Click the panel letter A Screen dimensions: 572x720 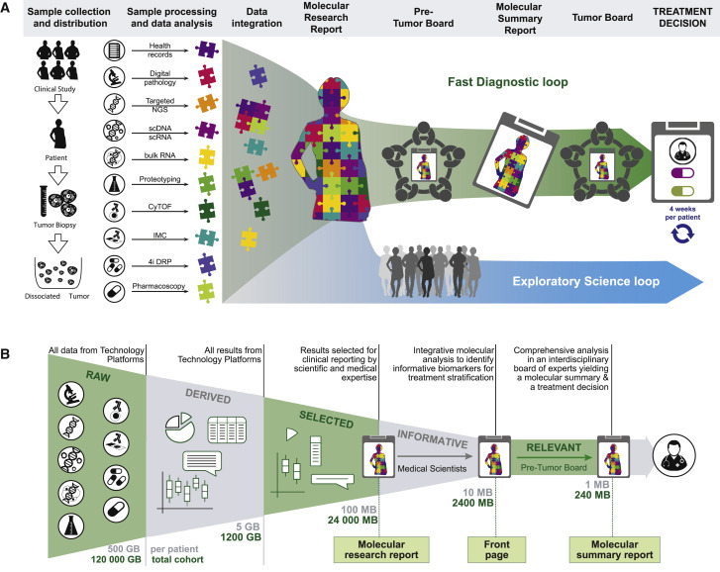[x=9, y=9]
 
